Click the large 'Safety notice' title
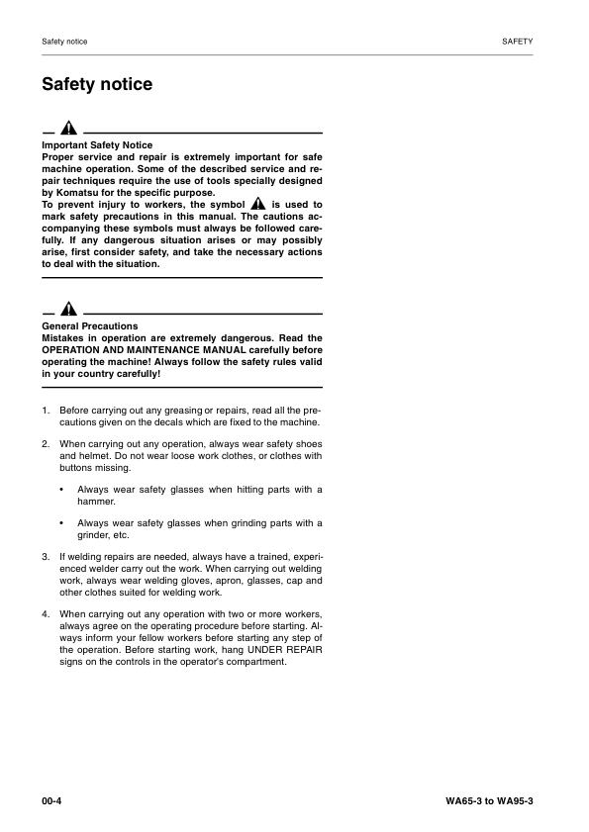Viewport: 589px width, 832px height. pos(97,85)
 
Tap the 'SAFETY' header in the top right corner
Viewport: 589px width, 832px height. pos(518,42)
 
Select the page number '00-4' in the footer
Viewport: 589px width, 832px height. pos(52,799)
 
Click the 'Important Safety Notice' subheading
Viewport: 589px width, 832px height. pos(97,145)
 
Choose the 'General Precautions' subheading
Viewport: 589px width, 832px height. pos(90,326)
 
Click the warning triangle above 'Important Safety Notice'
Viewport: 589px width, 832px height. pos(68,130)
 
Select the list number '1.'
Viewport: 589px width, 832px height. pos(47,410)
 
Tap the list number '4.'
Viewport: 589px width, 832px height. pos(47,614)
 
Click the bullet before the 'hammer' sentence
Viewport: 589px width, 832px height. pos(62,490)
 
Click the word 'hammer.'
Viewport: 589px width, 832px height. pos(97,502)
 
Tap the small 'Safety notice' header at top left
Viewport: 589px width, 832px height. pos(64,42)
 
